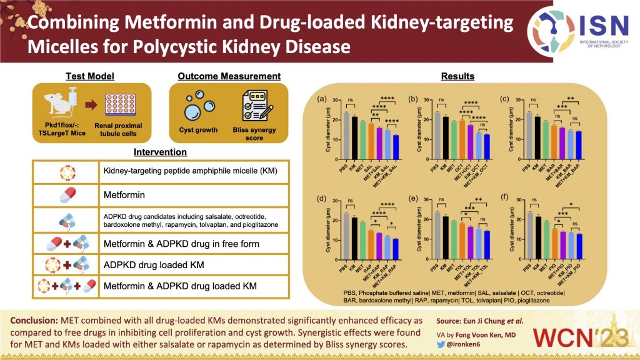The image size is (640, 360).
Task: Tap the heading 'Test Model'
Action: pyautogui.click(x=91, y=76)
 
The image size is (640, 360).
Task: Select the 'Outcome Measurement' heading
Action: pyautogui.click(x=229, y=76)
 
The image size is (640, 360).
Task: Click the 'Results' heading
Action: pyautogui.click(x=457, y=76)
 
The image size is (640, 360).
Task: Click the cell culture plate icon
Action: pyautogui.click(x=121, y=104)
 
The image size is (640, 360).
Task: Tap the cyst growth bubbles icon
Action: pyautogui.click(x=197, y=106)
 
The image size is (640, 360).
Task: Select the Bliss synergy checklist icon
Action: pyautogui.click(x=254, y=106)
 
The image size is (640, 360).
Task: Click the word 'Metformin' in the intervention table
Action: pyautogui.click(x=124, y=196)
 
